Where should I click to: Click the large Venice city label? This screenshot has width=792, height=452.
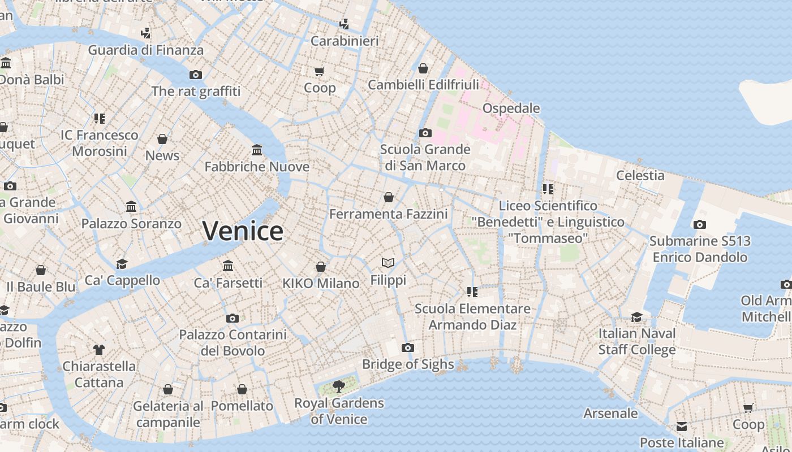pyautogui.click(x=243, y=231)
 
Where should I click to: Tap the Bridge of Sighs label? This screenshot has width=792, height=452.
pyautogui.click(x=408, y=364)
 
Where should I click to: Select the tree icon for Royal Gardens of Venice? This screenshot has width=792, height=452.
pyautogui.click(x=338, y=386)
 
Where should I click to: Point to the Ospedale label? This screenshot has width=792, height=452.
pyautogui.click(x=511, y=108)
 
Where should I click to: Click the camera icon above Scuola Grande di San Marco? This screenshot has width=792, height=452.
pyautogui.click(x=425, y=133)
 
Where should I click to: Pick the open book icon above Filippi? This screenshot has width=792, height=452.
pyautogui.click(x=388, y=263)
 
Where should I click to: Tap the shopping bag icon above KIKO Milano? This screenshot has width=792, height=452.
pyautogui.click(x=321, y=267)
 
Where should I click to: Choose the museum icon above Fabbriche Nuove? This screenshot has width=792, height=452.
pyautogui.click(x=257, y=150)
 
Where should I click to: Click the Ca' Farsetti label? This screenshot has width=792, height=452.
pyautogui.click(x=228, y=282)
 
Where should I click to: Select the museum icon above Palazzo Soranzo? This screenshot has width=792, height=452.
pyautogui.click(x=132, y=207)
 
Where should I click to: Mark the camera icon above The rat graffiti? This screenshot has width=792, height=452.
pyautogui.click(x=196, y=75)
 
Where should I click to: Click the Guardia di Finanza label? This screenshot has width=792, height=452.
pyautogui.click(x=145, y=50)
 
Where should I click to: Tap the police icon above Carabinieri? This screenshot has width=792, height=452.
pyautogui.click(x=344, y=24)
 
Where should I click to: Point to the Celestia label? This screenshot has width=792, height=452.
pyautogui.click(x=640, y=175)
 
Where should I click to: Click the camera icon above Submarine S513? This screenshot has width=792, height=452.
pyautogui.click(x=700, y=225)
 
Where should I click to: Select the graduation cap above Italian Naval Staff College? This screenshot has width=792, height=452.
pyautogui.click(x=637, y=317)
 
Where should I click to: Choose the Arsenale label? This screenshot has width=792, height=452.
pyautogui.click(x=610, y=413)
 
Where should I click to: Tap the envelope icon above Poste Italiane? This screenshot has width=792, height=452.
pyautogui.click(x=682, y=426)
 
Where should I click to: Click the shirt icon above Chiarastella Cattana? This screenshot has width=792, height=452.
pyautogui.click(x=99, y=350)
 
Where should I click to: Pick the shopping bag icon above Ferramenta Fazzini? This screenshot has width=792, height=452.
pyautogui.click(x=389, y=197)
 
